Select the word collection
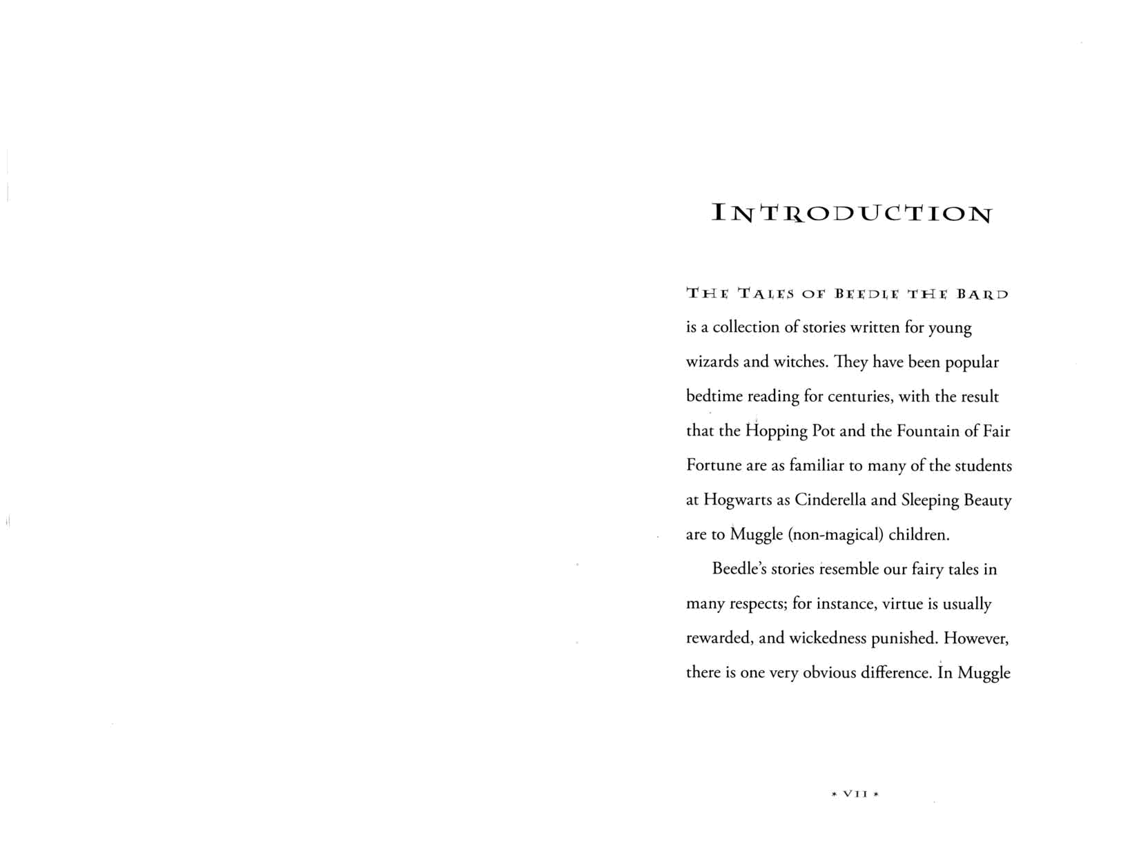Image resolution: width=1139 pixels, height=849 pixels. (x=747, y=328)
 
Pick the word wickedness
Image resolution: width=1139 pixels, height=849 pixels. (x=828, y=638)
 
